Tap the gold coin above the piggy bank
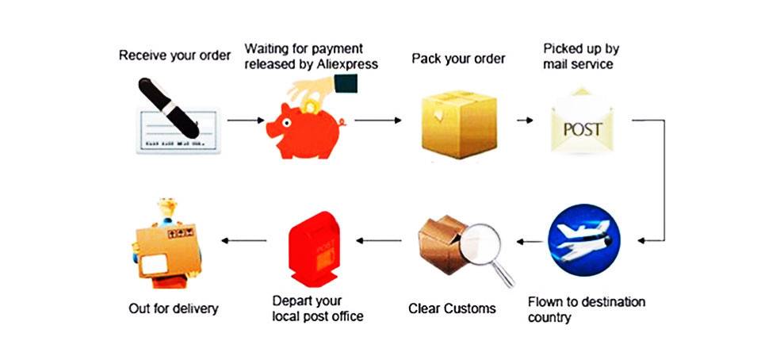click(x=312, y=103)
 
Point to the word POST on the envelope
click(x=583, y=129)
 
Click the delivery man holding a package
click(x=167, y=239)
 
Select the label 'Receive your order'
click(x=174, y=56)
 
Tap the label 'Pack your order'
click(x=458, y=59)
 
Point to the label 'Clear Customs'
click(x=452, y=308)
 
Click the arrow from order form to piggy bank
click(x=246, y=121)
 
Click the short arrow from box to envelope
click(x=524, y=121)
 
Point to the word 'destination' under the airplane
click(x=606, y=302)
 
